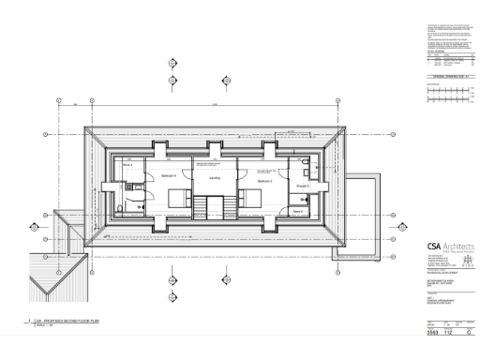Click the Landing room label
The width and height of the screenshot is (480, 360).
click(214, 175)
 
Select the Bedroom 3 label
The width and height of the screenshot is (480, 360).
click(264, 182)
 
